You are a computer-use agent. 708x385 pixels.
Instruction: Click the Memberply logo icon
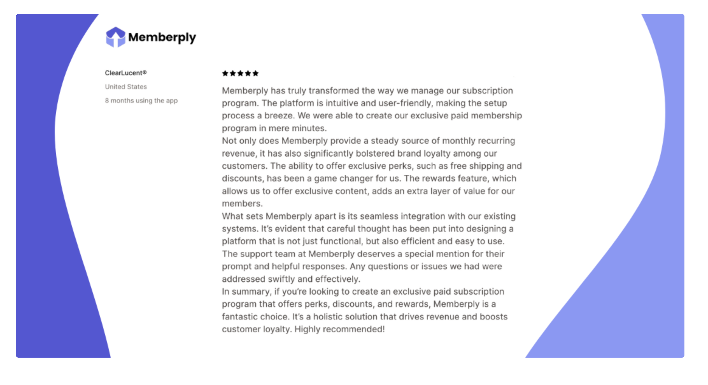point(115,37)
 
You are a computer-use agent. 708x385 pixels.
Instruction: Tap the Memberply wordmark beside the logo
point(162,38)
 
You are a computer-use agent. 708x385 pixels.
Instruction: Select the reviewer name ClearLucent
point(125,73)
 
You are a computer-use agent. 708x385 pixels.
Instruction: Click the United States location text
point(126,87)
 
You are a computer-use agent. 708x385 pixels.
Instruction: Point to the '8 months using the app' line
point(141,101)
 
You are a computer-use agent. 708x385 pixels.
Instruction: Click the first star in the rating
point(225,73)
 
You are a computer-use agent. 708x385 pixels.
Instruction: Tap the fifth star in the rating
point(255,73)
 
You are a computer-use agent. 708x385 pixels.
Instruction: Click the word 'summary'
point(251,291)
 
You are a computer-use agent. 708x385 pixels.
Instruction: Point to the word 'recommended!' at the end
point(354,329)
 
